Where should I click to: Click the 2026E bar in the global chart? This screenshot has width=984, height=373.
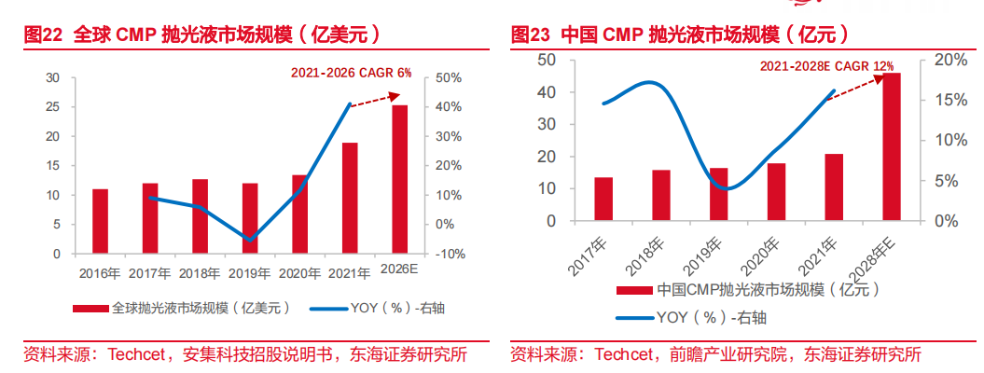(399, 179)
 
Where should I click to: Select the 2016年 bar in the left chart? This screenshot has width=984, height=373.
(100, 221)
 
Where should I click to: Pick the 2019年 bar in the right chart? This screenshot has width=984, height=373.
(718, 194)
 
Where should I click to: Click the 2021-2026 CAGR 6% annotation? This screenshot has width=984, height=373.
(350, 72)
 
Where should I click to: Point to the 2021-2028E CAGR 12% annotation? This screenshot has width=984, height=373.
(826, 66)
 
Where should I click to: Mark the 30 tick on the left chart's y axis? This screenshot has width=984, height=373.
(52, 77)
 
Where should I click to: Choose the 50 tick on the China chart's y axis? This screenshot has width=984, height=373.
(548, 60)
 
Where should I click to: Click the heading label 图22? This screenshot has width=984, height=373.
(43, 35)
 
